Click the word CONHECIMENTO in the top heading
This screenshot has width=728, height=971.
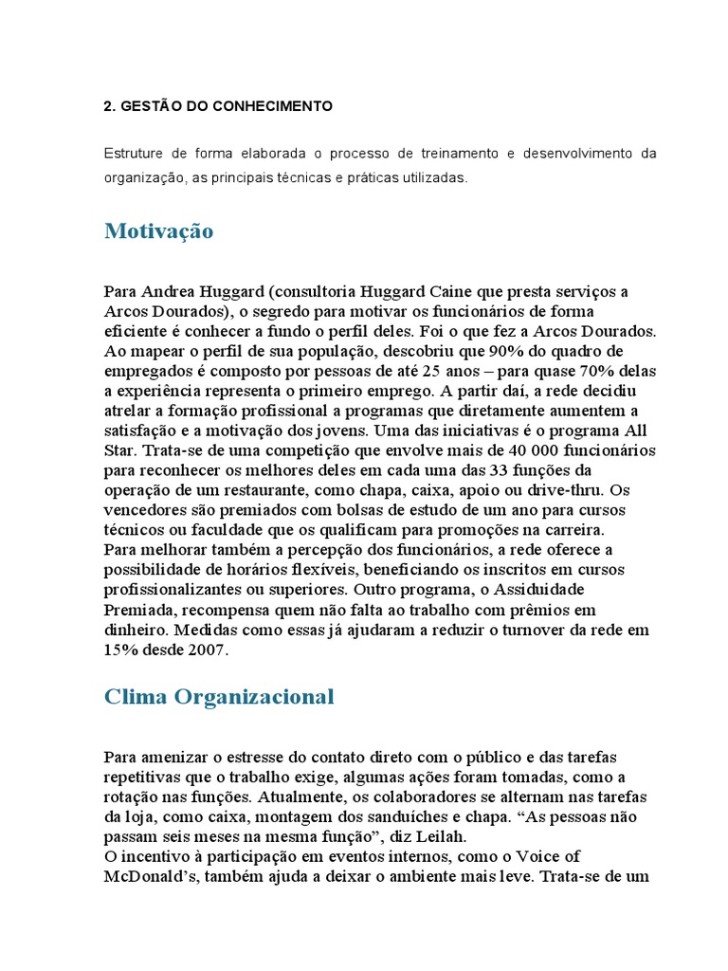[x=281, y=106]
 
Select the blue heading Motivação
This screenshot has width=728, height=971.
[x=158, y=231]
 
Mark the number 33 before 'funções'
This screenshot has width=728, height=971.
[x=533, y=470]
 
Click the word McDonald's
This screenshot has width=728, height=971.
[x=150, y=877]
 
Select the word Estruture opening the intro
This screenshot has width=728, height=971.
[x=135, y=154]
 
